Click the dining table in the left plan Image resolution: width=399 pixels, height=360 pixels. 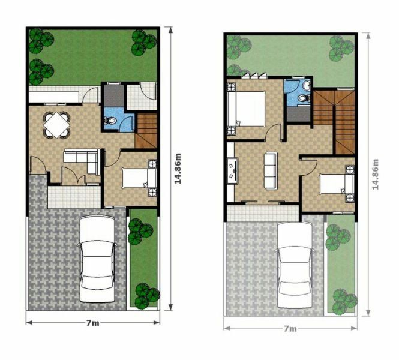(x=56, y=125)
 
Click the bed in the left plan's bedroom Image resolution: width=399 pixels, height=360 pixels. (x=139, y=178)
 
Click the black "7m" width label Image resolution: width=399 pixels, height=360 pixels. (x=92, y=323)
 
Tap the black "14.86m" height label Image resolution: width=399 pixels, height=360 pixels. (x=178, y=169)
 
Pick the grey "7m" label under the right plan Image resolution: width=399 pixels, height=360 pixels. (x=290, y=329)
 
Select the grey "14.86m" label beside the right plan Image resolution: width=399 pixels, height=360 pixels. (x=375, y=174)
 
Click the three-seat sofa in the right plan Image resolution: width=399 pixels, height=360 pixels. (x=271, y=170)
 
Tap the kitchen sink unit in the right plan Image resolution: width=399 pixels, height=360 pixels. (x=233, y=170)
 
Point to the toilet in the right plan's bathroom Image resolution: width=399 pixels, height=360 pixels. (x=304, y=98)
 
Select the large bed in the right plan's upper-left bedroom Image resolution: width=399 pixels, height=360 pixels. (x=247, y=109)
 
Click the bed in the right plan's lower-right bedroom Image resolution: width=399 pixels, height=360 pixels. (x=337, y=184)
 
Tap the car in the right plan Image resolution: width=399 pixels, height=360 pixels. (x=295, y=265)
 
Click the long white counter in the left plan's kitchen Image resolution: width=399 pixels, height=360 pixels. (x=54, y=97)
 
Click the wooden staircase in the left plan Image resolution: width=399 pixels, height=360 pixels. (x=146, y=131)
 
